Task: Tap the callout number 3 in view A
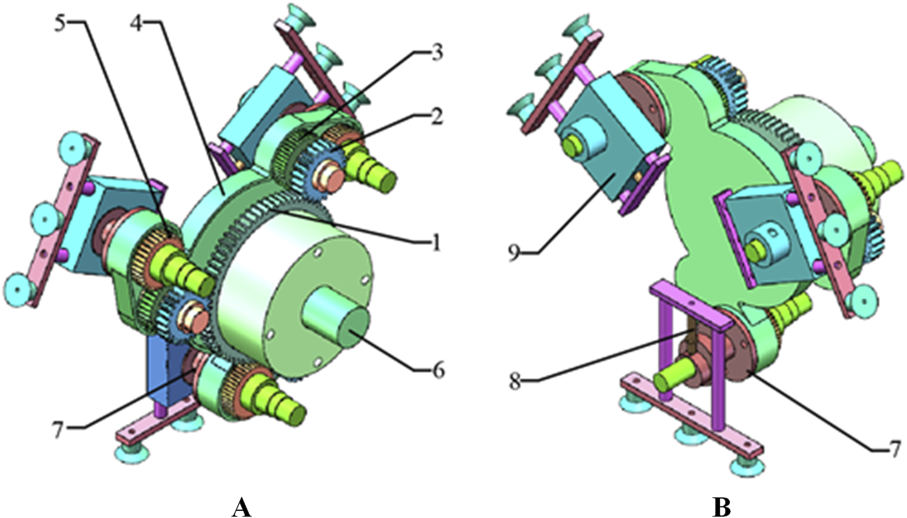click(x=436, y=53)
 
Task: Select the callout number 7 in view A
click(x=58, y=429)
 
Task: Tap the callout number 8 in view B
click(x=515, y=381)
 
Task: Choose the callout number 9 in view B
click(x=514, y=253)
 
